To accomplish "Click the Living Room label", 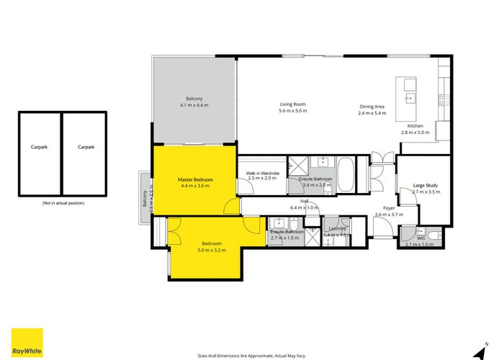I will [x=293, y=104].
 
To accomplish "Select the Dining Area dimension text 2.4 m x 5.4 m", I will [x=373, y=113].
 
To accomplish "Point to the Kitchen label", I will [x=415, y=126].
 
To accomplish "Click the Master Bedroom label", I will [x=195, y=179].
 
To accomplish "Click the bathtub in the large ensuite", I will [x=345, y=174].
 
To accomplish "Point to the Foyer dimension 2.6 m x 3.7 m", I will [x=388, y=215].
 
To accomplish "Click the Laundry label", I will [x=335, y=228].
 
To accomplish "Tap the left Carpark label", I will [x=40, y=147].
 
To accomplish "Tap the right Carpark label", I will [x=86, y=147].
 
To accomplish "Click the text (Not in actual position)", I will [x=63, y=204].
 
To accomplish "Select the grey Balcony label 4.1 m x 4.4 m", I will [x=194, y=105].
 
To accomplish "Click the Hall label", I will [x=305, y=201].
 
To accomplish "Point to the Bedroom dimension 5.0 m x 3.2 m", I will [x=211, y=251].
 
